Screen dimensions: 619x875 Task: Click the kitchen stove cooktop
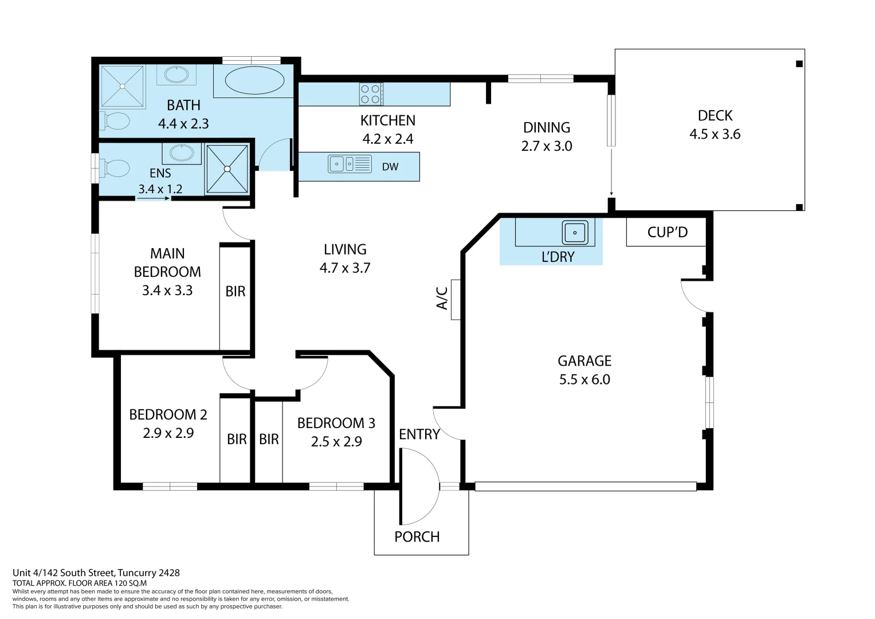click(371, 95)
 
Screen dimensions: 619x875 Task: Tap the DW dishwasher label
click(390, 167)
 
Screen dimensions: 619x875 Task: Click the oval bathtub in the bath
click(254, 80)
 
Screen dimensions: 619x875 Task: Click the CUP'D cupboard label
click(667, 232)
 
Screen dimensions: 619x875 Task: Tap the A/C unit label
click(442, 299)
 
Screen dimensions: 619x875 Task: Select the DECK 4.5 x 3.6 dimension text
click(715, 134)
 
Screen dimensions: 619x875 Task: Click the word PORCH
click(417, 537)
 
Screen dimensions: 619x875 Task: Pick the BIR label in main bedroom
click(235, 291)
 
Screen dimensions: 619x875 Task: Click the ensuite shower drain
click(227, 169)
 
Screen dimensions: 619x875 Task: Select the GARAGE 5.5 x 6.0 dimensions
click(584, 379)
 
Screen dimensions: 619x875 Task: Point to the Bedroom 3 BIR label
click(269, 439)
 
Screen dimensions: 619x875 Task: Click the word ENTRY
click(419, 434)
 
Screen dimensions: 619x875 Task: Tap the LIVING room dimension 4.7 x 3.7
click(345, 268)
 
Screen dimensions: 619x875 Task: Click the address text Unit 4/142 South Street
click(96, 573)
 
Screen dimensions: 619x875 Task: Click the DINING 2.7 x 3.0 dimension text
click(547, 146)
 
